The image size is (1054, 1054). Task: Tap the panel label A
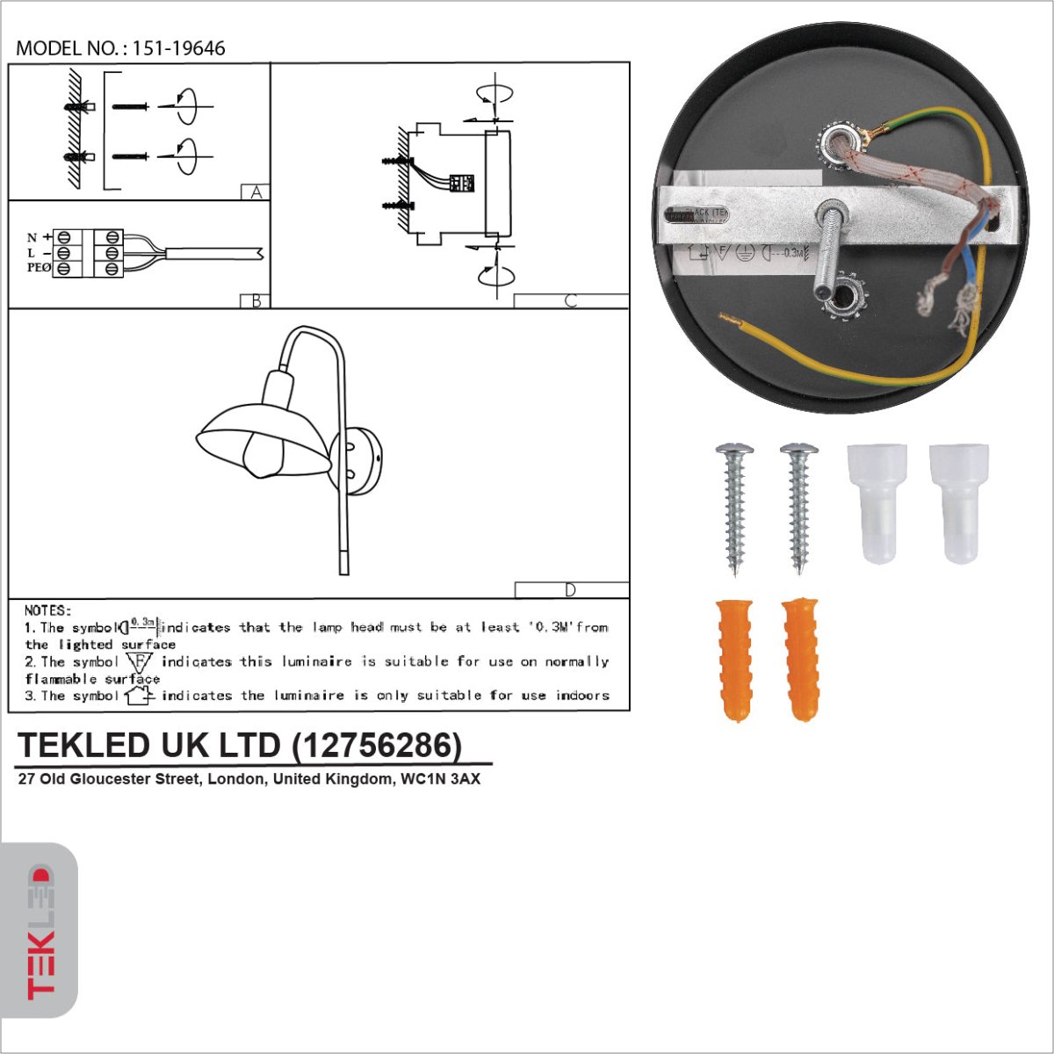256,192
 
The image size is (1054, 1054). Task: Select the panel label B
256,300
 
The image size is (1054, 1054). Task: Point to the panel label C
571,300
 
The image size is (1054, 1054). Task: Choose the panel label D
571,589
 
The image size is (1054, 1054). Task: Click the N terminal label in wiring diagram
32,237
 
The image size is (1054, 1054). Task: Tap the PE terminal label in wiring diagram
38,268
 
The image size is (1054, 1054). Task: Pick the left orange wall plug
735,659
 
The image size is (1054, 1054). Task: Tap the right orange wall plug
800,659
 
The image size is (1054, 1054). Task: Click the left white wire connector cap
876,502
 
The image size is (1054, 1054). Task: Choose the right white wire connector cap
959,502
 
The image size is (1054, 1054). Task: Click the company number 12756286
376,745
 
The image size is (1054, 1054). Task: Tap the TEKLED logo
40,931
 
